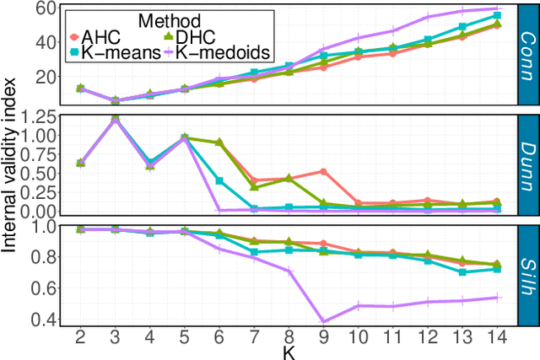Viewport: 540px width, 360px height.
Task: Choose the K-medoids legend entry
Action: coord(212,52)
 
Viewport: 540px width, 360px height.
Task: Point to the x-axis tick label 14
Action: coord(496,338)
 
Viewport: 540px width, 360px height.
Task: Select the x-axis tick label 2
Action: coord(80,338)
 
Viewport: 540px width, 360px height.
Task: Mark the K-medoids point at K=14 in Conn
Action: coord(497,8)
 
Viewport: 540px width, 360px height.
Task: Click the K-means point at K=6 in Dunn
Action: coord(219,180)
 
